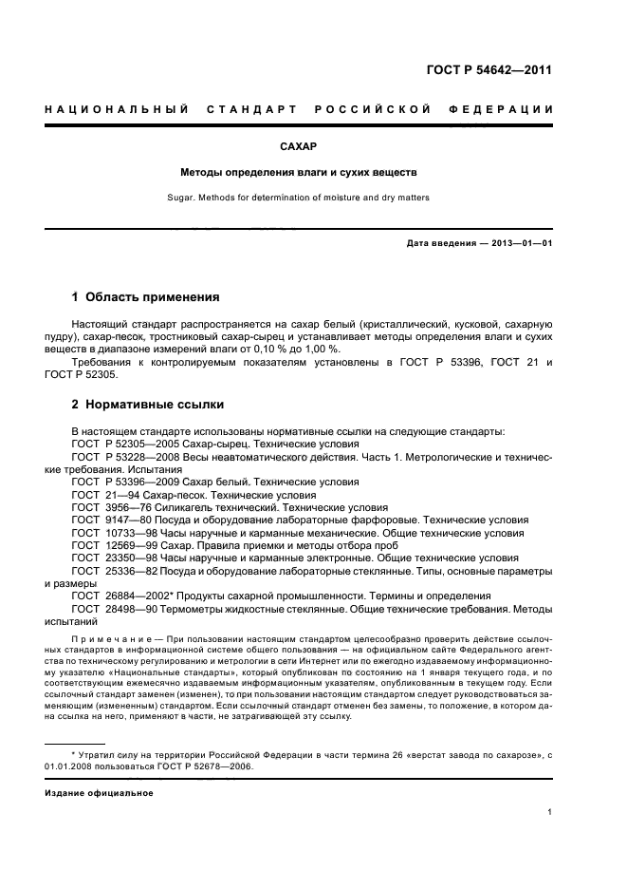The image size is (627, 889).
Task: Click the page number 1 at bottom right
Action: pyautogui.click(x=550, y=812)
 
